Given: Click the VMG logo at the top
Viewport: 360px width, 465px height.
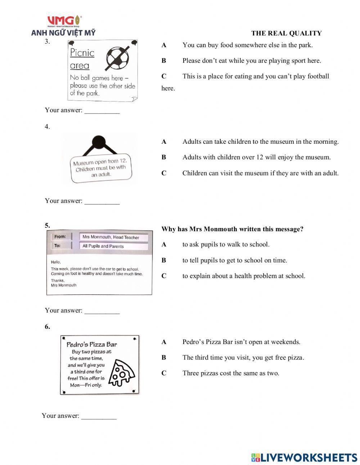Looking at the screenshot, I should (64, 21).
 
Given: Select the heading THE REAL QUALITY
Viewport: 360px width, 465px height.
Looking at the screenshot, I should (286, 33).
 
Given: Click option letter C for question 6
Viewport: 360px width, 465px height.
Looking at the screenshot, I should (164, 374).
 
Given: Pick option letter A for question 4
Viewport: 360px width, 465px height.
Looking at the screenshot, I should (164, 142).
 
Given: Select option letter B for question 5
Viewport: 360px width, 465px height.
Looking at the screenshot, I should (164, 260).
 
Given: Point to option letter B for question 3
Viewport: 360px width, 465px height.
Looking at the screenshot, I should (164, 61).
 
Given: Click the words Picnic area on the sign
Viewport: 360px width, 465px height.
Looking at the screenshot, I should (82, 59).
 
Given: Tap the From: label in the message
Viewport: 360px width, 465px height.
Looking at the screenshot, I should (60, 237).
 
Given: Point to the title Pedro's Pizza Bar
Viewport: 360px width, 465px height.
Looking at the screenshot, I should (92, 344).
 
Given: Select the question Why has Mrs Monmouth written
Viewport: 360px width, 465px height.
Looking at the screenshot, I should (232, 229).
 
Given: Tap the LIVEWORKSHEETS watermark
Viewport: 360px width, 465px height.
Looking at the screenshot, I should (304, 457).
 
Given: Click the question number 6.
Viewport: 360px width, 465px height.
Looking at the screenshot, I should (47, 327).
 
